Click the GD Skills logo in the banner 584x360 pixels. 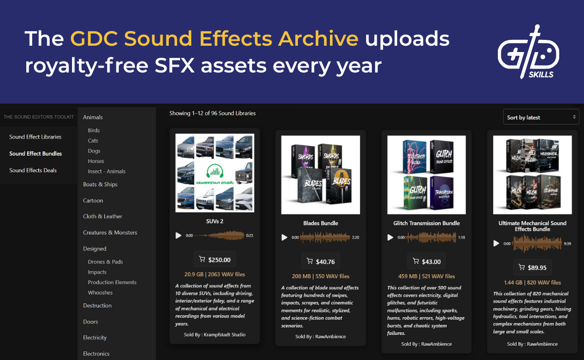(528, 52)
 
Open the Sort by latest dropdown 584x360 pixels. (541, 117)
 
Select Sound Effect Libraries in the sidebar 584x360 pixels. (35, 137)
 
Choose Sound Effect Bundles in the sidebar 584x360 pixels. (36, 154)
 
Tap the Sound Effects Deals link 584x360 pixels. (33, 170)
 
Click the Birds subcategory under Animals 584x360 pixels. (94, 130)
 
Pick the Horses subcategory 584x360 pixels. (96, 161)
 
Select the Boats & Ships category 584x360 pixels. (100, 184)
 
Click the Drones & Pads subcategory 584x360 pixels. (105, 262)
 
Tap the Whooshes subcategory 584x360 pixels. (100, 292)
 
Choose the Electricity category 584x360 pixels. (95, 338)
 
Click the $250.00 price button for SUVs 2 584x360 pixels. (215, 260)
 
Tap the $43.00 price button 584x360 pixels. (426, 262)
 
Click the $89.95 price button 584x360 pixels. (532, 267)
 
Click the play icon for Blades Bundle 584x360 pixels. (285, 237)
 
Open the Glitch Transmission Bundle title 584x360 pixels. (426, 223)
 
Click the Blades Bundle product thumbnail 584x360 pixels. (321, 175)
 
